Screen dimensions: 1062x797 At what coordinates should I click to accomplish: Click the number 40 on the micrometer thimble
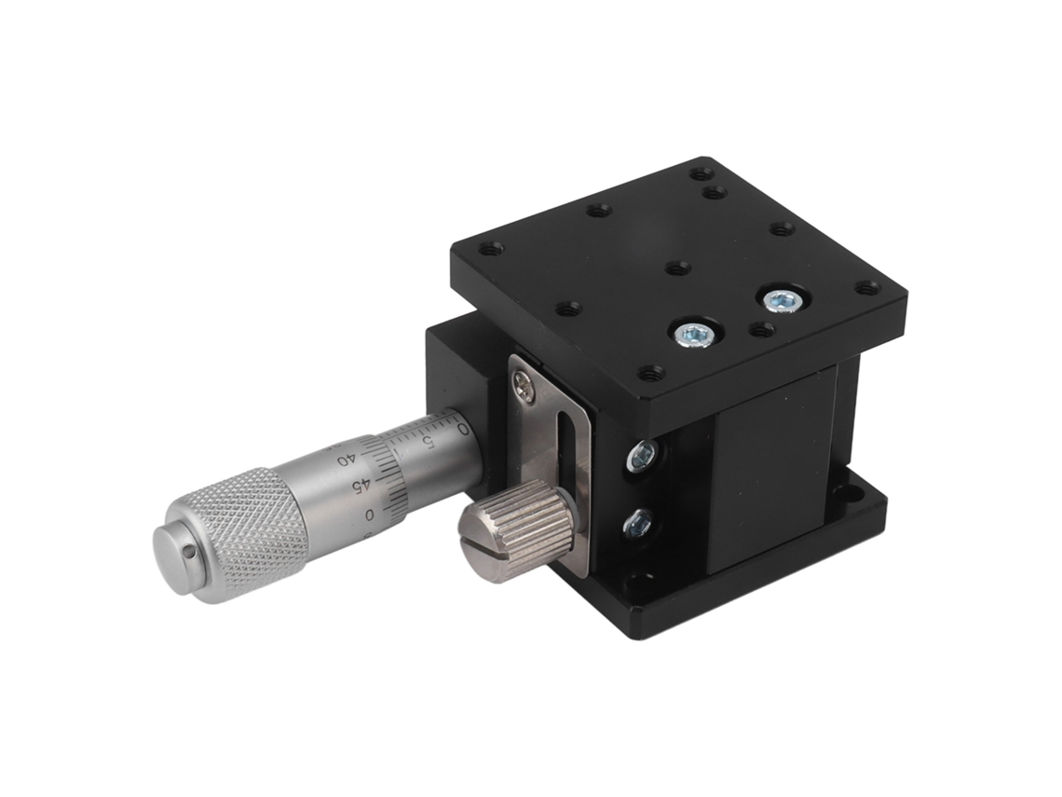click(x=345, y=460)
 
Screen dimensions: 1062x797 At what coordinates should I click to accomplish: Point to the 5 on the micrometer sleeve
click(x=428, y=441)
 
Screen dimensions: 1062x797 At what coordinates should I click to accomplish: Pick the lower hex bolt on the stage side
click(x=638, y=523)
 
